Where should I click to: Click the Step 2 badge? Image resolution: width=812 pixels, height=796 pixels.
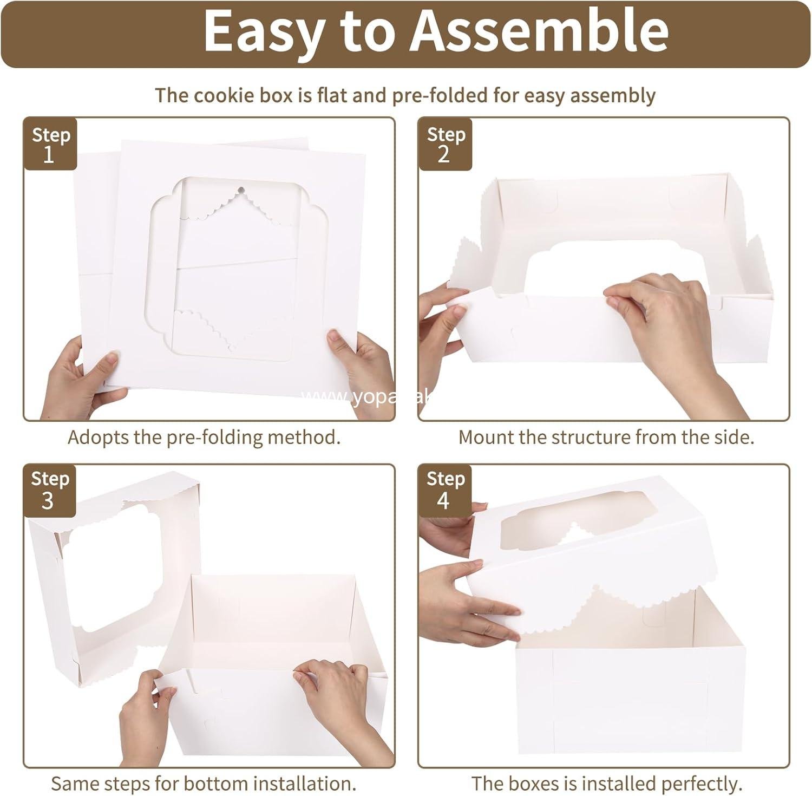coord(445,144)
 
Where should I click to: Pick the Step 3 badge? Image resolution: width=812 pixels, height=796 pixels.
coord(49,490)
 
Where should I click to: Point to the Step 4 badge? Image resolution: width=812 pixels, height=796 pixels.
coord(445,490)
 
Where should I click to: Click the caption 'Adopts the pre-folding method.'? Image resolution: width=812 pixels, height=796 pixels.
coord(204,437)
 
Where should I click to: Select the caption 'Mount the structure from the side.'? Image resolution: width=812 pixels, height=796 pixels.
coord(606,437)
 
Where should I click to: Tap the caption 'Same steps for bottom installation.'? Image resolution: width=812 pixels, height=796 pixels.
coord(204,783)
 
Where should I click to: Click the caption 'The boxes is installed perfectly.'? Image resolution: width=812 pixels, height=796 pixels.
coord(606,783)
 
